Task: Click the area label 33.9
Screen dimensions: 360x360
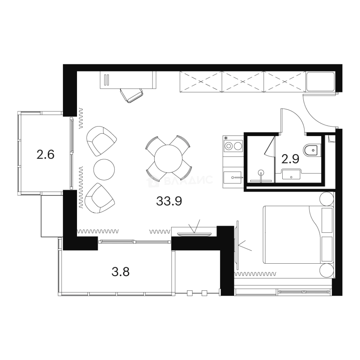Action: pyautogui.click(x=169, y=201)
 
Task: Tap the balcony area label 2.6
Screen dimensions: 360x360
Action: pyautogui.click(x=45, y=154)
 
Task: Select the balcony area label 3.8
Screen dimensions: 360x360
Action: pyautogui.click(x=121, y=272)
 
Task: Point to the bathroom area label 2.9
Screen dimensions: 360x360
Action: pyautogui.click(x=290, y=159)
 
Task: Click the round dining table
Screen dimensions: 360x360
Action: pyautogui.click(x=168, y=159)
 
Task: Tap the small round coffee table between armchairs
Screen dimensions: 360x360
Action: pyautogui.click(x=104, y=170)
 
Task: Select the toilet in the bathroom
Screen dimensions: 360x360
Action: pyautogui.click(x=312, y=150)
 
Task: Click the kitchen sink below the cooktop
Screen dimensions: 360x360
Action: pyautogui.click(x=232, y=177)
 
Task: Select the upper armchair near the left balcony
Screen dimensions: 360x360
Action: pyautogui.click(x=101, y=141)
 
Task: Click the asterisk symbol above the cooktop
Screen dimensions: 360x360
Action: pyautogui.click(x=226, y=138)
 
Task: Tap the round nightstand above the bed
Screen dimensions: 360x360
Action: pyautogui.click(x=327, y=199)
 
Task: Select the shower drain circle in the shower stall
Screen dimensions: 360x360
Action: pyautogui.click(x=261, y=172)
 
